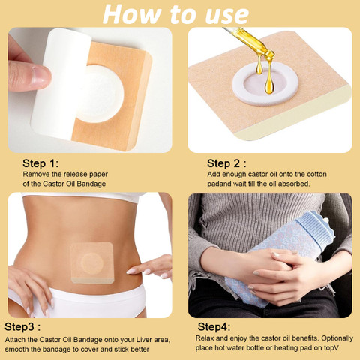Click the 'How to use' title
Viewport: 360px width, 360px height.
pyautogui.click(x=175, y=13)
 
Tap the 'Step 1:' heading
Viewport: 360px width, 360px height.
pyautogui.click(x=40, y=163)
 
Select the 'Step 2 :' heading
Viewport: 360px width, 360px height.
pyautogui.click(x=226, y=163)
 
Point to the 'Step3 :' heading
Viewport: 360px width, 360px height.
pyautogui.click(x=22, y=326)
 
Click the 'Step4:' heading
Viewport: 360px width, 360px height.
pyautogui.click(x=214, y=326)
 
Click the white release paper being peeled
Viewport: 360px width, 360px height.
pyautogui.click(x=61, y=82)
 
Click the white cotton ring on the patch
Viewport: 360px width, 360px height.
pyautogui.click(x=265, y=97)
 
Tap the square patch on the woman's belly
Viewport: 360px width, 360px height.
pyautogui.click(x=92, y=262)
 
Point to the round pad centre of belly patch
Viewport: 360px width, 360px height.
pyautogui.click(x=92, y=263)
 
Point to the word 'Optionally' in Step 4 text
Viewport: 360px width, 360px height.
pyautogui.click(x=337, y=338)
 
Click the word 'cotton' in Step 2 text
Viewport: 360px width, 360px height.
pyautogui.click(x=316, y=174)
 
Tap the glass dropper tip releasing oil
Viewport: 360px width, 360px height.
pyautogui.click(x=270, y=54)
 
